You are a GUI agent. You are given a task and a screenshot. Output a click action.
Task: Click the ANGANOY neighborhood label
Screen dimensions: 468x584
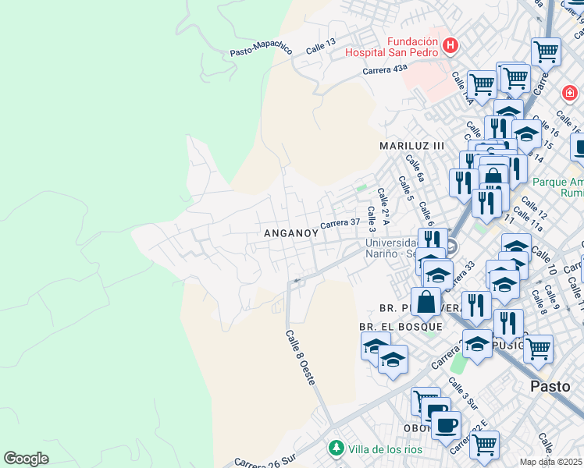pos(291,233)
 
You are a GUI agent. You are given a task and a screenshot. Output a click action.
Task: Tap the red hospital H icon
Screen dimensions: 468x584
pos(450,46)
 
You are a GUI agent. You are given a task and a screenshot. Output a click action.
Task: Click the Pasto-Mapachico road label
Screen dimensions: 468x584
pos(261,50)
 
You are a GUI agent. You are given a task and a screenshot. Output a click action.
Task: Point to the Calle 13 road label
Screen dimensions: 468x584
pos(320,46)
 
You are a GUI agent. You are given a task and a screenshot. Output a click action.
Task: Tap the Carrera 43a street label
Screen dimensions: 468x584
pos(385,69)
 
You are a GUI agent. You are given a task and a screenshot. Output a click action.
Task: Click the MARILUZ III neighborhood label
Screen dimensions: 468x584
pos(411,146)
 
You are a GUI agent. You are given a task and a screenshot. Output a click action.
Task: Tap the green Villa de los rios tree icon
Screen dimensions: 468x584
pos(336,448)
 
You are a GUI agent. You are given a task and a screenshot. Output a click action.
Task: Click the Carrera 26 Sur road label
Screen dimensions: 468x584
pos(265,460)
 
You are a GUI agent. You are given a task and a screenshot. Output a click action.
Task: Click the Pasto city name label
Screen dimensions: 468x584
pos(550,385)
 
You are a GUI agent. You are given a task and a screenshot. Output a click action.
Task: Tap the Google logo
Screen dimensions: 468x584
pos(26,459)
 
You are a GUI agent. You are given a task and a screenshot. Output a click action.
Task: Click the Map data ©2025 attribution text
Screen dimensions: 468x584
pos(551,462)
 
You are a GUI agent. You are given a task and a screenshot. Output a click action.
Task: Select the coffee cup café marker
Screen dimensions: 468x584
pos(446,424)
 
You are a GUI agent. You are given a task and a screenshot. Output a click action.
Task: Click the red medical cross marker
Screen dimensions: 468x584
pos(570,93)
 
